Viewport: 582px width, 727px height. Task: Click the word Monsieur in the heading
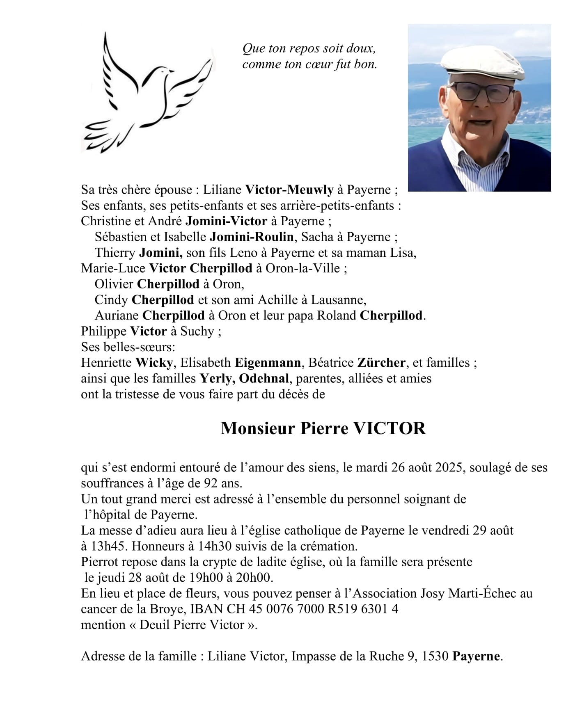258,428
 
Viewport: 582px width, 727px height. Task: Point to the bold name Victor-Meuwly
289,190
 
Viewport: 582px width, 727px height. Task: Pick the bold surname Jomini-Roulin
252,237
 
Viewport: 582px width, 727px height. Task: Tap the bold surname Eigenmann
268,363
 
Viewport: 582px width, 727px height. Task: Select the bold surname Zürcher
381,363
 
